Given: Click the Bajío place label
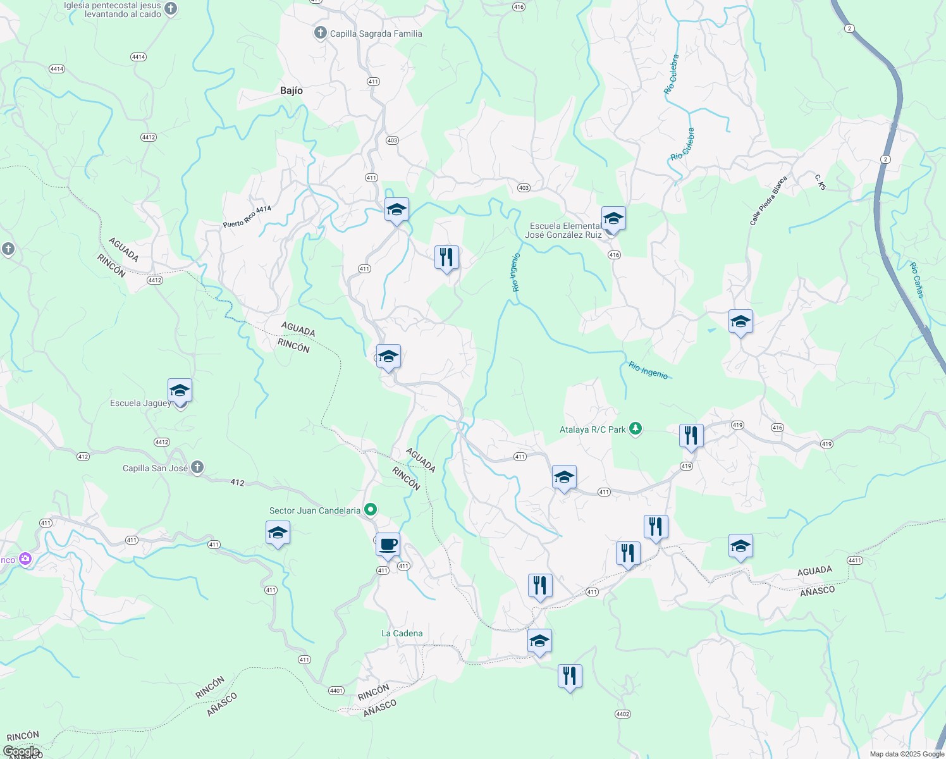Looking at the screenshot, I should coord(292,90).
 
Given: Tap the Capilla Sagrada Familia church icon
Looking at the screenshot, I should coord(321,33).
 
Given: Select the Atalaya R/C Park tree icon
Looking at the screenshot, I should coord(636,429).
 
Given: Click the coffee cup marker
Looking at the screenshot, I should coord(388,545).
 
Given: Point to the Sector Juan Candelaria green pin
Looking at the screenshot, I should coord(371,510).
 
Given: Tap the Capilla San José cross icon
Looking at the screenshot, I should coord(197,468).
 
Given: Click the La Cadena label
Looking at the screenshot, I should coord(402,633).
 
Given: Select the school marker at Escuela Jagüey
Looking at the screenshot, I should coord(180,391).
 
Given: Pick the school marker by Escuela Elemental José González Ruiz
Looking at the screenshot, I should coord(613,219).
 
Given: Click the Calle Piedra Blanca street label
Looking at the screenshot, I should coord(768,201).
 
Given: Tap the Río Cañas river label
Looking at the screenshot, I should coord(917,280).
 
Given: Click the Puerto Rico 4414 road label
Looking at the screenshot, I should coord(247,217).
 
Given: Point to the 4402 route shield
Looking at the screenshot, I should coord(622,714).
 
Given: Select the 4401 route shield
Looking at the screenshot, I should coord(336,691).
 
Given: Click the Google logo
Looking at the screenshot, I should coord(21,751).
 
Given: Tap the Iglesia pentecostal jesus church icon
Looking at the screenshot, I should coord(171,9).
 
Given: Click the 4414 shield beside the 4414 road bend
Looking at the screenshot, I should coord(138,57).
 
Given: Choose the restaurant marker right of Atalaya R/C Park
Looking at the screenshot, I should coord(691,436).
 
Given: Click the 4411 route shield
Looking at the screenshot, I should coord(854,560).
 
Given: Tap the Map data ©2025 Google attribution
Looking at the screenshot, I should coord(907,754).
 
